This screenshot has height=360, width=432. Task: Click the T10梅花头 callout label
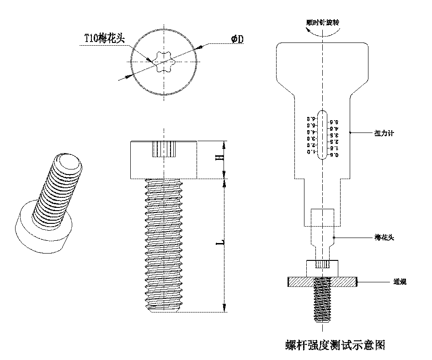(x=104, y=38)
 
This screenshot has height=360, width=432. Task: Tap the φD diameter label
(x=237, y=39)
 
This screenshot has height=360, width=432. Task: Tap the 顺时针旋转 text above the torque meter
(x=323, y=22)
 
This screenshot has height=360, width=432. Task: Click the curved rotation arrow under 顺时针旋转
(x=323, y=31)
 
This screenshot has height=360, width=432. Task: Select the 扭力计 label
(x=384, y=133)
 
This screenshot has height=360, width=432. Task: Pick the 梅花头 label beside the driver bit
(x=384, y=238)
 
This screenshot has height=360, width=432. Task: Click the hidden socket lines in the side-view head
(x=163, y=149)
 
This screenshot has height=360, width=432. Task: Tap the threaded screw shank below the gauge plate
(x=322, y=304)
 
